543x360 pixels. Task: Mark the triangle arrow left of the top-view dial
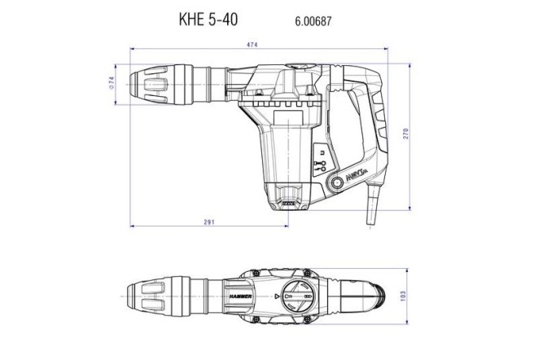[x=277, y=296]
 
